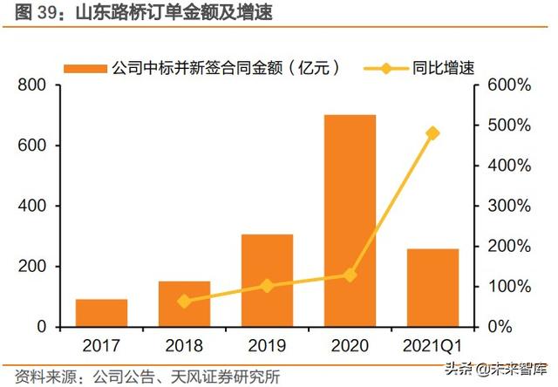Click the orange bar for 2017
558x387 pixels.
[x=101, y=313]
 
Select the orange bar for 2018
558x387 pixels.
[x=184, y=304]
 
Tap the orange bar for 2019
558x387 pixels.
[x=267, y=281]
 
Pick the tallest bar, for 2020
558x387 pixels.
[x=350, y=221]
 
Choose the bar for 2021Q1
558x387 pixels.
[x=433, y=288]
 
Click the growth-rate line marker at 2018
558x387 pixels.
[x=184, y=302]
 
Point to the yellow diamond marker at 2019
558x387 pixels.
[x=267, y=286]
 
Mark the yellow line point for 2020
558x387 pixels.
[x=350, y=275]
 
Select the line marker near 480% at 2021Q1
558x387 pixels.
[x=433, y=133]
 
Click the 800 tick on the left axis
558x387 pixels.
[x=31, y=85]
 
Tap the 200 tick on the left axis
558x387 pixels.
[x=31, y=267]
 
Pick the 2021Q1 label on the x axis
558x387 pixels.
[x=433, y=345]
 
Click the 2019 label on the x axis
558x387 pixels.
[x=267, y=345]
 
